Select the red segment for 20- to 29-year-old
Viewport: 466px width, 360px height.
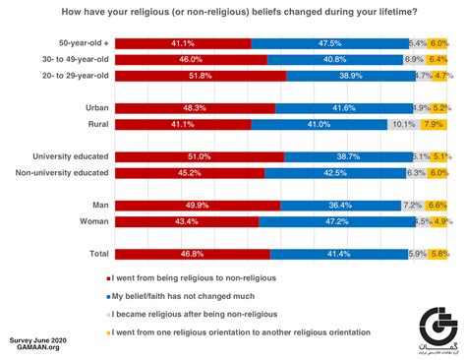click(201, 75)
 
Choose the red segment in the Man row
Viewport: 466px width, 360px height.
click(198, 205)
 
